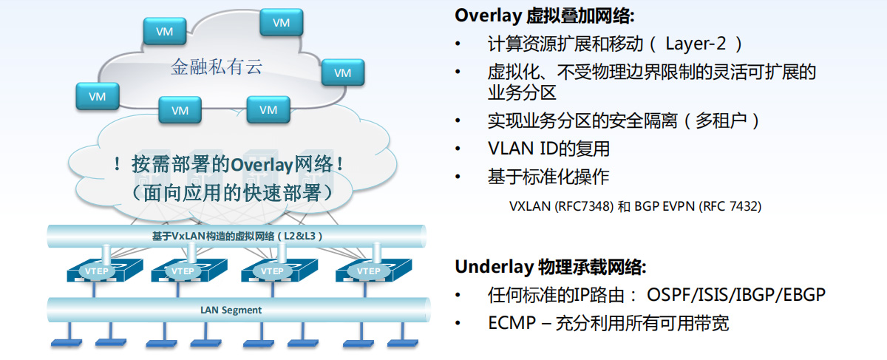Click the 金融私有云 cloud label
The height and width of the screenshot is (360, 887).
click(217, 68)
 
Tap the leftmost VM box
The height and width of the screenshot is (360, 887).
click(98, 96)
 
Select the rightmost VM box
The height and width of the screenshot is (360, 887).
click(342, 72)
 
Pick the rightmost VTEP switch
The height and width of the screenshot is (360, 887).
click(367, 271)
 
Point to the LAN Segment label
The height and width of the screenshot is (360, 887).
click(231, 310)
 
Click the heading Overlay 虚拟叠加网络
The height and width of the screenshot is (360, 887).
click(545, 15)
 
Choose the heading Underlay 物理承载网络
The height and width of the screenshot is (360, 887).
click(551, 266)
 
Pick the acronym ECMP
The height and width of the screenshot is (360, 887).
click(509, 323)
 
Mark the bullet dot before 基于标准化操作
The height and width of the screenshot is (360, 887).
click(459, 177)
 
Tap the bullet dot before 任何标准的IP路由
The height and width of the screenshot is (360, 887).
click(459, 295)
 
